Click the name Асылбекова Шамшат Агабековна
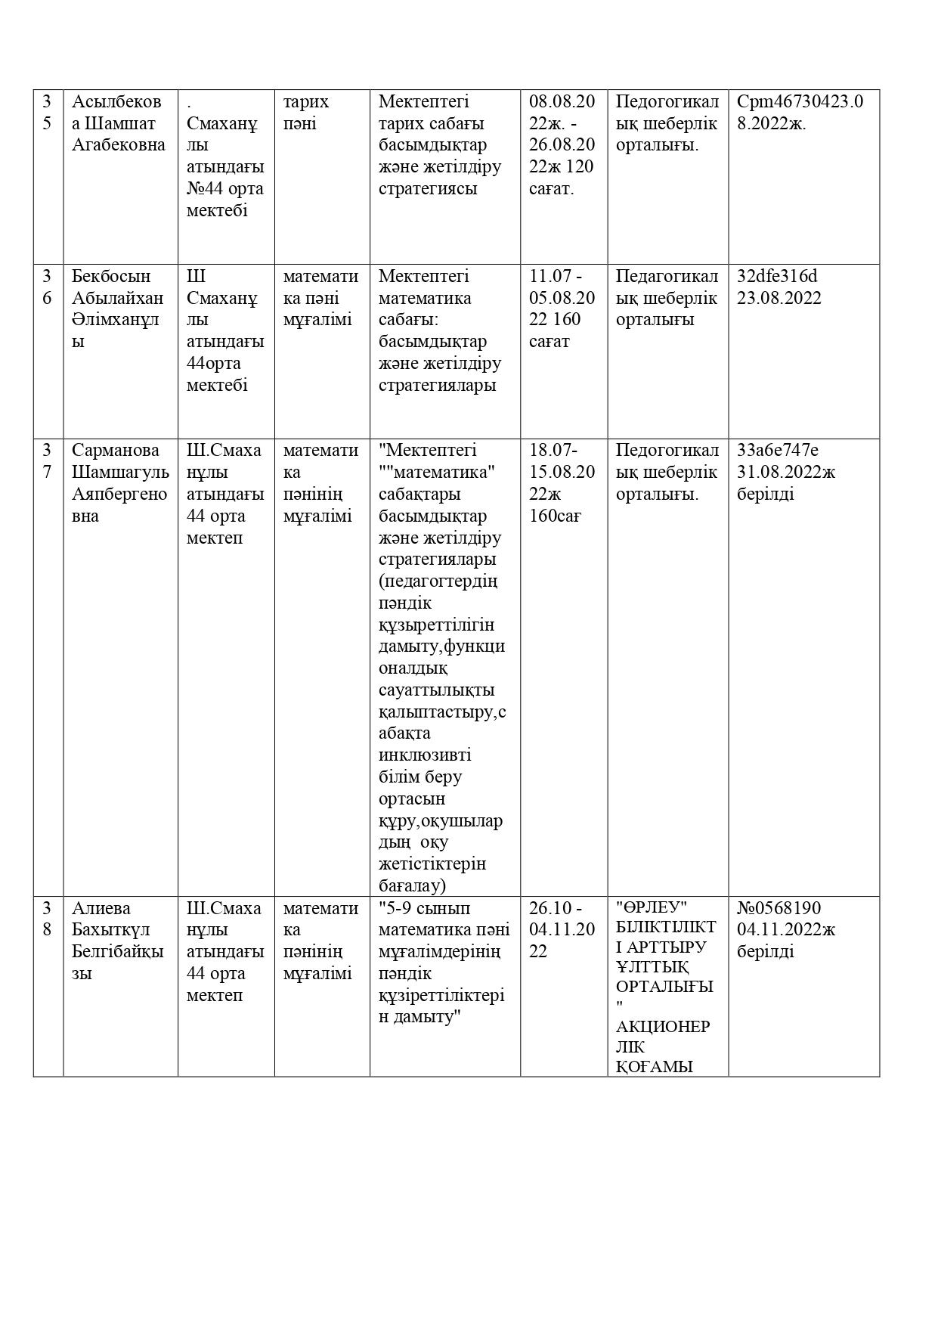pos(118,123)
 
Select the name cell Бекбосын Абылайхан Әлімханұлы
pos(117,308)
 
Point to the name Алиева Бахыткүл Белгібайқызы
pos(117,941)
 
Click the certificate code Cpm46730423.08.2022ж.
pos(800,112)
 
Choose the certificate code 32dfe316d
pos(777,276)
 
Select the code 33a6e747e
pos(777,451)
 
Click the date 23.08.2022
pos(779,298)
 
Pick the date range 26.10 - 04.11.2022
pos(562,929)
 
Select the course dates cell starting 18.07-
pos(562,483)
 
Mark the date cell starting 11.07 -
pos(562,308)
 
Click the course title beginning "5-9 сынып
pos(444,963)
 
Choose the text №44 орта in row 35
pos(224,189)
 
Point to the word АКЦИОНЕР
pos(663,1027)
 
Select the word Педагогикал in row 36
pos(667,276)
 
